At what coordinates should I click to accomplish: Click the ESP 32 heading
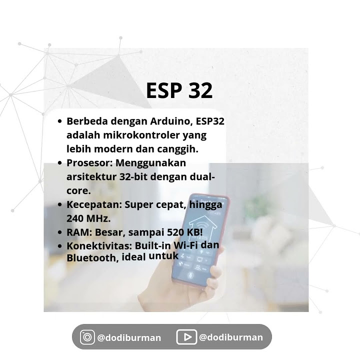point(179,90)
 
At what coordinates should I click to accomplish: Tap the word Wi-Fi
point(187,246)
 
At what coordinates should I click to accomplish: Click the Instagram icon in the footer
point(87,337)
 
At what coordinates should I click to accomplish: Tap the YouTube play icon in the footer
point(186,337)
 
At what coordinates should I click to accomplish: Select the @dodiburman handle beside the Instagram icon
point(129,337)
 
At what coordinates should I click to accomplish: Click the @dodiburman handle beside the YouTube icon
point(230,337)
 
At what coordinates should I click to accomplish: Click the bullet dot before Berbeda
point(60,121)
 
